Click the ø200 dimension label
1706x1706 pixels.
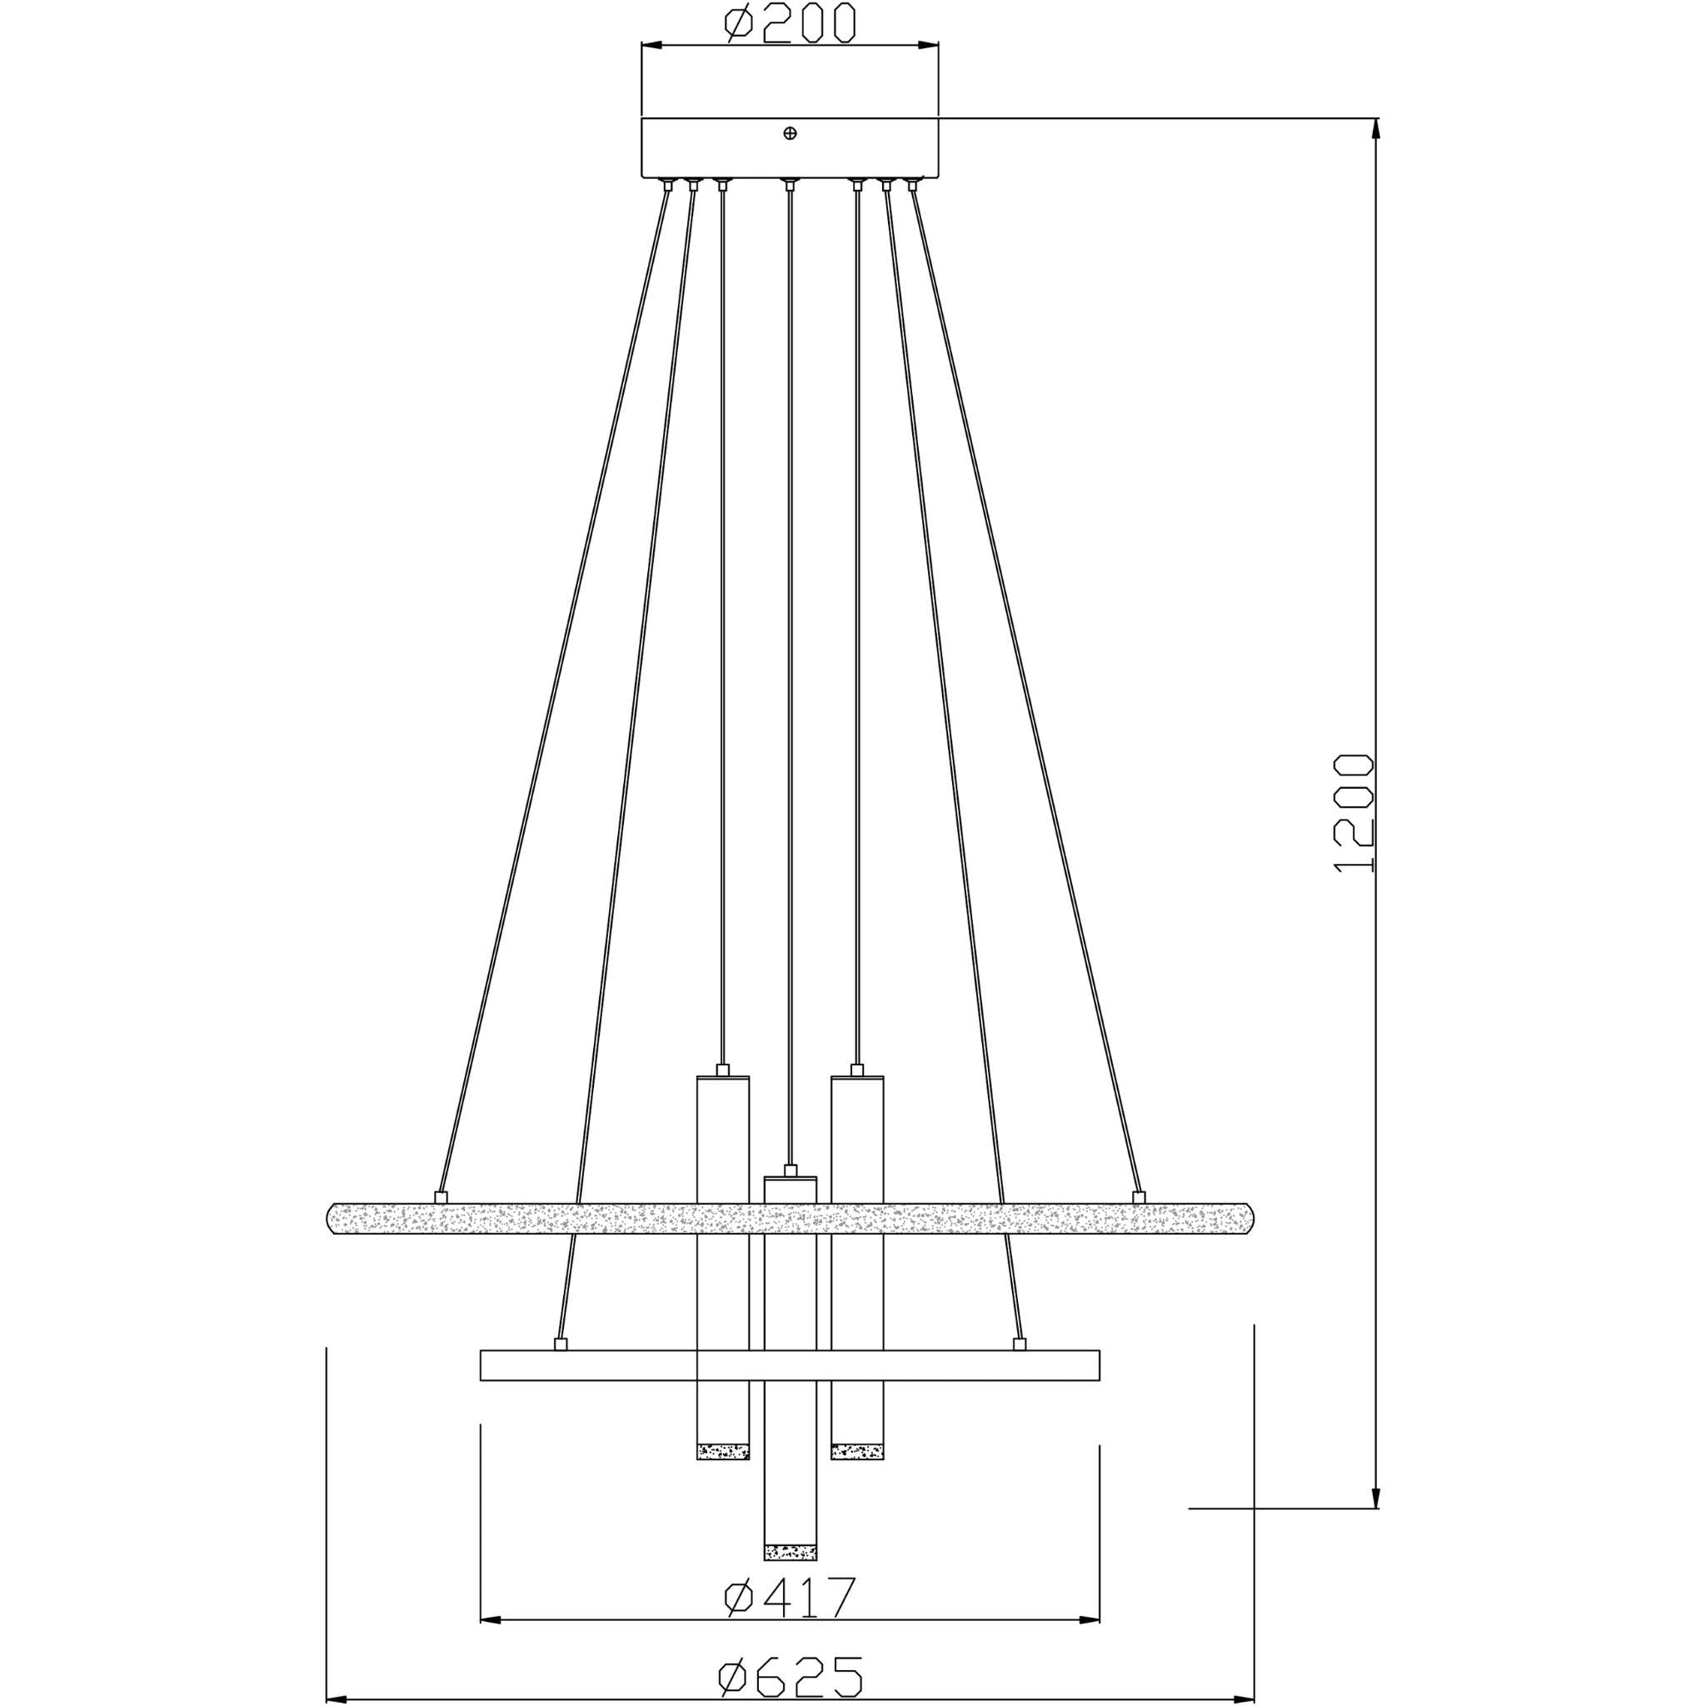789,23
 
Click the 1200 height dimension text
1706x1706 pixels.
1353,812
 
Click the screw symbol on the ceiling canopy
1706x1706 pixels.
791,133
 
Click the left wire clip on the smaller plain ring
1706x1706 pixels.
560,1344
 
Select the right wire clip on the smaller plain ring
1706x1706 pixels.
1020,1344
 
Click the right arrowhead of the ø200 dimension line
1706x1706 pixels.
927,44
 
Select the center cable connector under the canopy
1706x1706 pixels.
791,185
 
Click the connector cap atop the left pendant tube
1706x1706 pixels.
723,1070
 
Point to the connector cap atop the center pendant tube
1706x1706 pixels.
791,1170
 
